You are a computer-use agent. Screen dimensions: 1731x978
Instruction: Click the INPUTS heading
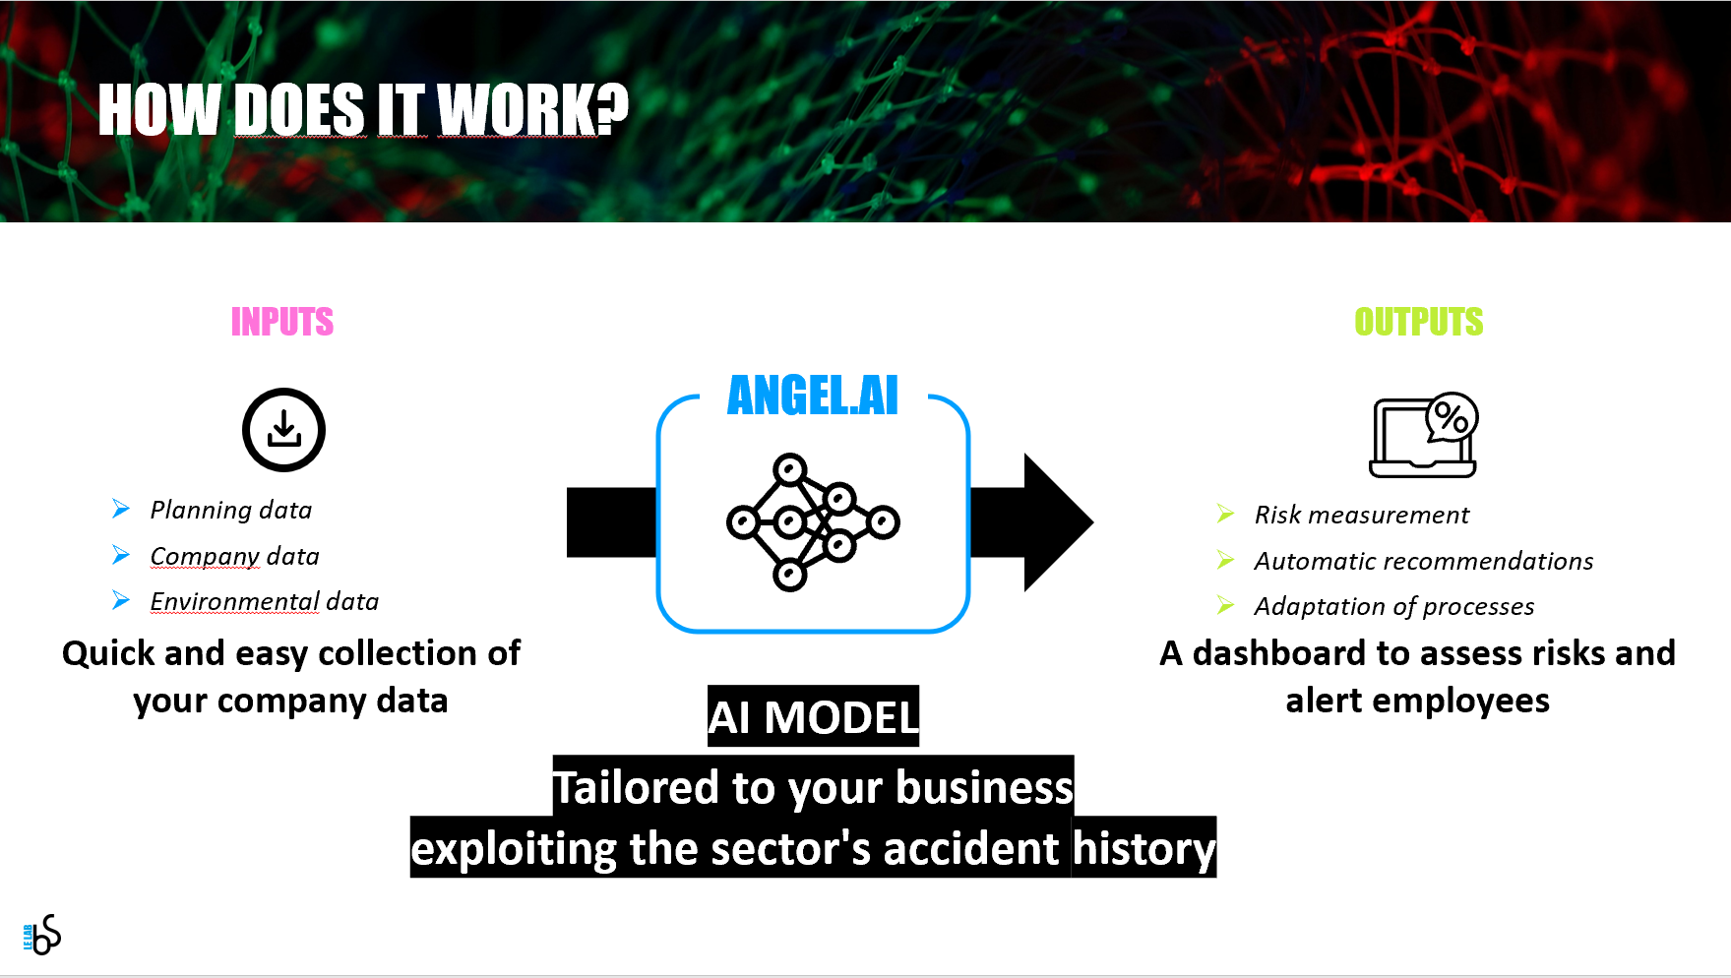pyautogui.click(x=282, y=322)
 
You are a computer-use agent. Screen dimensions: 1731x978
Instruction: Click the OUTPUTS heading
pyautogui.click(x=1418, y=322)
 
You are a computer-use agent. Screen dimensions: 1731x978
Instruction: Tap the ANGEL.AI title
pyautogui.click(x=813, y=396)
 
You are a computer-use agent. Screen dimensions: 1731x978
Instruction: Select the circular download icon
pyautogui.click(x=283, y=430)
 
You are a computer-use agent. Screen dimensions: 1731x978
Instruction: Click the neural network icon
pyautogui.click(x=813, y=521)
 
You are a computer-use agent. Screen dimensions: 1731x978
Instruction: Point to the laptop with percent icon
pyautogui.click(x=1424, y=435)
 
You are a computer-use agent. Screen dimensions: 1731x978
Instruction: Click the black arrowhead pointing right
pyautogui.click(x=1058, y=522)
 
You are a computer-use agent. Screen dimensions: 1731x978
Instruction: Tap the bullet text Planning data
pyautogui.click(x=231, y=510)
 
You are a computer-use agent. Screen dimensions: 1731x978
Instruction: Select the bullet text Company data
pyautogui.click(x=235, y=556)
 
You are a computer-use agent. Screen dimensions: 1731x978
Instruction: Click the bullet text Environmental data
pyautogui.click(x=265, y=601)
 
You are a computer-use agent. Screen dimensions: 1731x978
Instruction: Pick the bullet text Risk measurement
pyautogui.click(x=1362, y=515)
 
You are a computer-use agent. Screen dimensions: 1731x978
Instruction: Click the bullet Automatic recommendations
pyautogui.click(x=1424, y=561)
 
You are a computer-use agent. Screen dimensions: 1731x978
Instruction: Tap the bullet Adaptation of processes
pyautogui.click(x=1394, y=606)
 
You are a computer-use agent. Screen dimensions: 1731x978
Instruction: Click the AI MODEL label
pyautogui.click(x=813, y=717)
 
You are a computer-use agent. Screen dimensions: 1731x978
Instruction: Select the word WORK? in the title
pyautogui.click(x=532, y=108)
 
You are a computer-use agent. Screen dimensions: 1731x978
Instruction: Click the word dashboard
pyautogui.click(x=1279, y=652)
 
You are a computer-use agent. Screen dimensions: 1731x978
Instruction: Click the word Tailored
pyautogui.click(x=636, y=788)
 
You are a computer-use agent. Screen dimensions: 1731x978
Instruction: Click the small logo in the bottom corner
pyautogui.click(x=41, y=935)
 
